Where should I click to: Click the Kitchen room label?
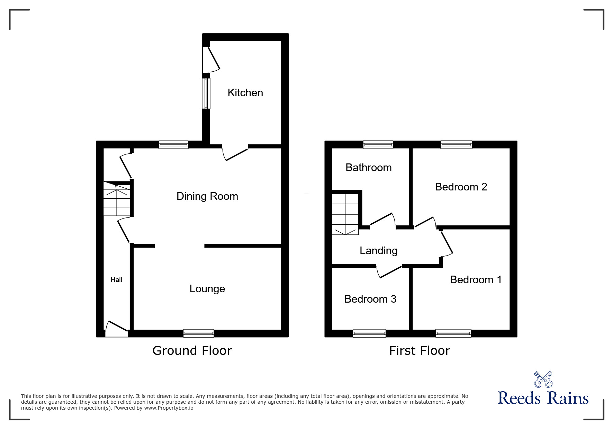coord(245,93)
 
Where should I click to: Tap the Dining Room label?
coord(207,196)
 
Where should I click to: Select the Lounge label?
coord(207,289)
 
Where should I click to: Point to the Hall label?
coord(116,280)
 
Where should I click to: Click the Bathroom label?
coord(368,168)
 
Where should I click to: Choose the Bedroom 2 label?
coord(461,187)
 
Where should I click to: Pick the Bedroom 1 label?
coord(476,280)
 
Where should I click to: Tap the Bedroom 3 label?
coord(370,299)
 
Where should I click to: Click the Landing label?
coord(378,251)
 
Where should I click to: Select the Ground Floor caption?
coord(192,351)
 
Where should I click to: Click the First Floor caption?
coord(420,351)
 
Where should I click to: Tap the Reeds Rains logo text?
coord(543,398)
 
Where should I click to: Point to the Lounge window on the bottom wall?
coord(198,333)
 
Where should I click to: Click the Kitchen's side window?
coord(206,93)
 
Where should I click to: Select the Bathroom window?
coord(378,144)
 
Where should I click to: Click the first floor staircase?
coord(345,214)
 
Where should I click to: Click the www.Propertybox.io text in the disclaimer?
coord(169,408)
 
